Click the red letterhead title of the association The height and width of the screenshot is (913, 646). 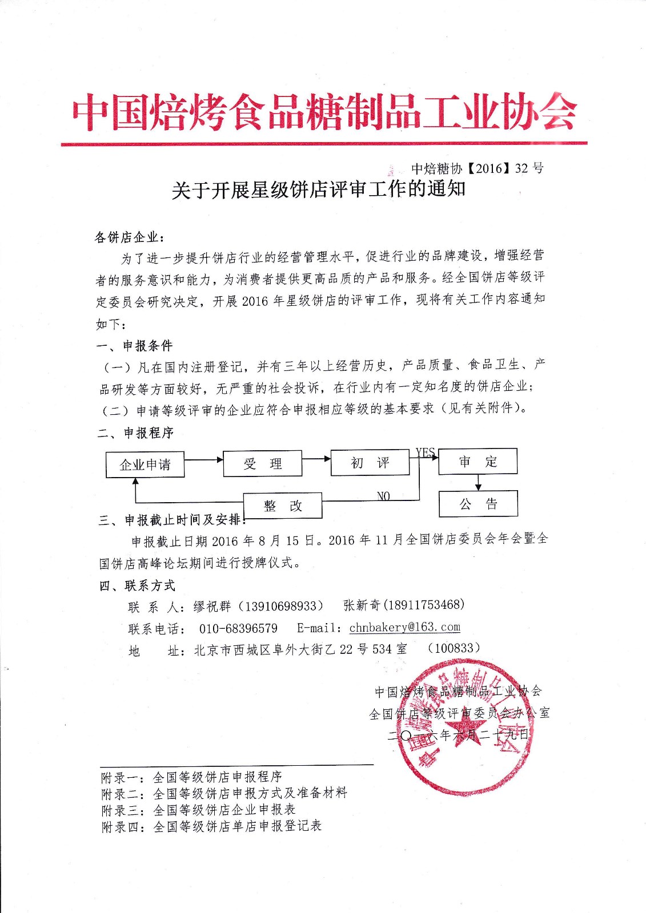pos(324,111)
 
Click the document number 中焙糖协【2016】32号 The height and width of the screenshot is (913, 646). pos(478,168)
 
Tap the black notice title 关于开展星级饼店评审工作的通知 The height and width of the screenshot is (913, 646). pos(319,189)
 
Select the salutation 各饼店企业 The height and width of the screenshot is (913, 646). pos(131,237)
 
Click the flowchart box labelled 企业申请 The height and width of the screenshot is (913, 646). pos(145,464)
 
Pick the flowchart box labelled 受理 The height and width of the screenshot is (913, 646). pos(262,464)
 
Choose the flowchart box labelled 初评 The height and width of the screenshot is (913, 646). pos(370,463)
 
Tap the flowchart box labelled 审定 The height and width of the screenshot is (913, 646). pos(478,462)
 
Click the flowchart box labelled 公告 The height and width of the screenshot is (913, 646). pos(478,504)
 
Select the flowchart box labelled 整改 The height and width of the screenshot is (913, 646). pos(283,506)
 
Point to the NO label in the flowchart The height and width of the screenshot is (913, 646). pos(383,496)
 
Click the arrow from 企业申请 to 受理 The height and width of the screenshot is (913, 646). pos(203,459)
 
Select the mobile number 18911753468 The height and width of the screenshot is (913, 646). pos(426,605)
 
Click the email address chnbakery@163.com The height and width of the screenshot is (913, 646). pos(404,627)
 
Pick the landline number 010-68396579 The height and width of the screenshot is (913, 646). pos(238,628)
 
